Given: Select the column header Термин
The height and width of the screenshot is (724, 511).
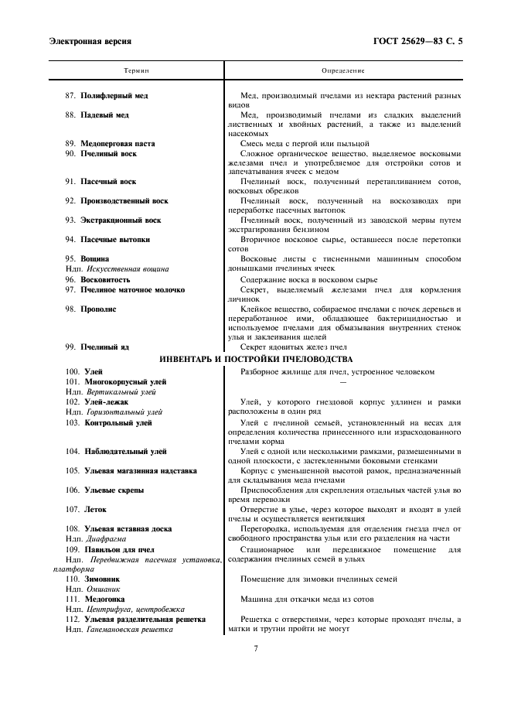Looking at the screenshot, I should point(136,70).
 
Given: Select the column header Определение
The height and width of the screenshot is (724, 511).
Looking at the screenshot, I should point(343,70).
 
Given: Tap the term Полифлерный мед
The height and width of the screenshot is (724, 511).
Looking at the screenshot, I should point(114,96).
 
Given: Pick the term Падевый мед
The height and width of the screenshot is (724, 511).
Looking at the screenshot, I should point(105,115).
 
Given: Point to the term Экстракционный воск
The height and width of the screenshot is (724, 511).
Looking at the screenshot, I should point(121,220).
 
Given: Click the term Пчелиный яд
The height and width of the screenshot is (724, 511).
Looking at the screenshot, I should point(106,347).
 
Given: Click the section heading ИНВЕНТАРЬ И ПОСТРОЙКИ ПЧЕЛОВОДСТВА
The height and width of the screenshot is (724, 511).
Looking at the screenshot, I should point(256,360).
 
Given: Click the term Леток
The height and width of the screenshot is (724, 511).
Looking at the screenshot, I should point(96,510).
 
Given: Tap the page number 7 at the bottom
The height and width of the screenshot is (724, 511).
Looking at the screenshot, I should point(256,648).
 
